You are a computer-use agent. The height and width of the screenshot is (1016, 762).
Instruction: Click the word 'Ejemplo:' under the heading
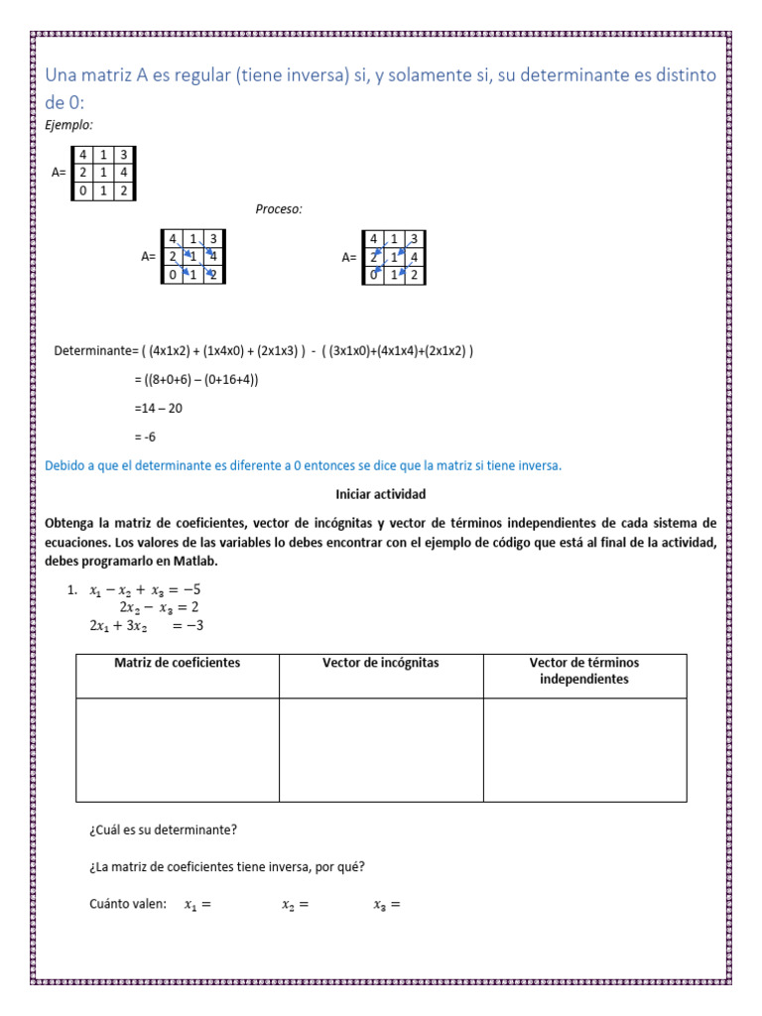69,125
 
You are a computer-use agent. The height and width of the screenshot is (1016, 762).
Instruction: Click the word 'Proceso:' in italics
279,209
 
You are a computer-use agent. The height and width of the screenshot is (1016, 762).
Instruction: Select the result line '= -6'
145,437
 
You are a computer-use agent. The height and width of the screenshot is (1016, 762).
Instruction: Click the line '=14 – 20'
158,408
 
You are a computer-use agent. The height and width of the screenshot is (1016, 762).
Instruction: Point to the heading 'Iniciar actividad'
381,493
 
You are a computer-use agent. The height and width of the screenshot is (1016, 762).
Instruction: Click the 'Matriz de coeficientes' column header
178,663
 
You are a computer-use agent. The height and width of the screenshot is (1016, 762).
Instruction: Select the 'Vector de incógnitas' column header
381,663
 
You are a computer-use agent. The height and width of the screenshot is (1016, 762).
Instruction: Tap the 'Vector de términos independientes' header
584,671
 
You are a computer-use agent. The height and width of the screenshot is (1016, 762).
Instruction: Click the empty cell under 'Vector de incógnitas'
381,749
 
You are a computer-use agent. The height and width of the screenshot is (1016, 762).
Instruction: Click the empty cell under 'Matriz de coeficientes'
178,749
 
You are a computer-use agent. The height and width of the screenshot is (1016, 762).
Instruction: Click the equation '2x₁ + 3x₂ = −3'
146,626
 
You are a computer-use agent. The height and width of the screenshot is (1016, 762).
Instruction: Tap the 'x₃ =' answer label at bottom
386,904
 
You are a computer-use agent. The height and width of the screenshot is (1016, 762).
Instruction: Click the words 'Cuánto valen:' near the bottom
128,904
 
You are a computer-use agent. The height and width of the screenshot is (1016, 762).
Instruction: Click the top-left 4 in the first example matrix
84,155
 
